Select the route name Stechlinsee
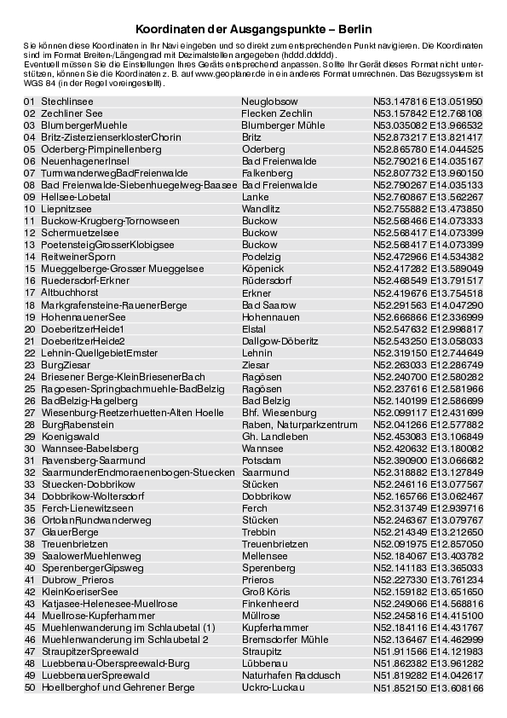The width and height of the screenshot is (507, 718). (x=67, y=101)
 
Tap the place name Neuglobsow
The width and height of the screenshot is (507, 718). (x=268, y=101)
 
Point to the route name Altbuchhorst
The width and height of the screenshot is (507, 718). (x=70, y=292)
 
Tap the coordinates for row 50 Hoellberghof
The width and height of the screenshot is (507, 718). (x=428, y=687)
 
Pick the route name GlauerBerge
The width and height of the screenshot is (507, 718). (x=70, y=531)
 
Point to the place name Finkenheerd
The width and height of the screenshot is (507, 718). (x=271, y=603)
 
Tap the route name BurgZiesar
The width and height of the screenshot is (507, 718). (x=64, y=364)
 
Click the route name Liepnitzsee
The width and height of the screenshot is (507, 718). (x=66, y=208)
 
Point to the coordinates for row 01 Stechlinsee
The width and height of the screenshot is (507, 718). (x=428, y=101)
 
